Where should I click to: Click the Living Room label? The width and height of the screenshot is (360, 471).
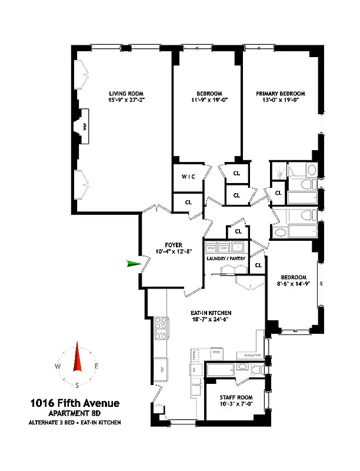click(x=126, y=94)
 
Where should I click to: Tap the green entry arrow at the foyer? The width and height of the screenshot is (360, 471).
click(x=135, y=264)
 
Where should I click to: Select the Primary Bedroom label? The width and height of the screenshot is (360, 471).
click(x=281, y=94)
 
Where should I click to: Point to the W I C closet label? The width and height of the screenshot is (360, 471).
click(x=188, y=177)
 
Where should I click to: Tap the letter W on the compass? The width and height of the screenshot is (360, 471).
click(x=57, y=366)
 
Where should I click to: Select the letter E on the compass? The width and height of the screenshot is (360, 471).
click(x=96, y=366)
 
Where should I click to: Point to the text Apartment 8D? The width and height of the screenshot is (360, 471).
click(x=75, y=413)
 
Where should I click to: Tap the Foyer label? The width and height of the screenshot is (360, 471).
click(x=174, y=245)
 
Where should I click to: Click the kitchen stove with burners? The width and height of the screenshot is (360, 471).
click(x=161, y=328)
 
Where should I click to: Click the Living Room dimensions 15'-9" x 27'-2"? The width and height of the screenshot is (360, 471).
click(x=126, y=101)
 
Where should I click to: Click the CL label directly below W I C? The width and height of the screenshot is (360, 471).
click(x=188, y=202)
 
